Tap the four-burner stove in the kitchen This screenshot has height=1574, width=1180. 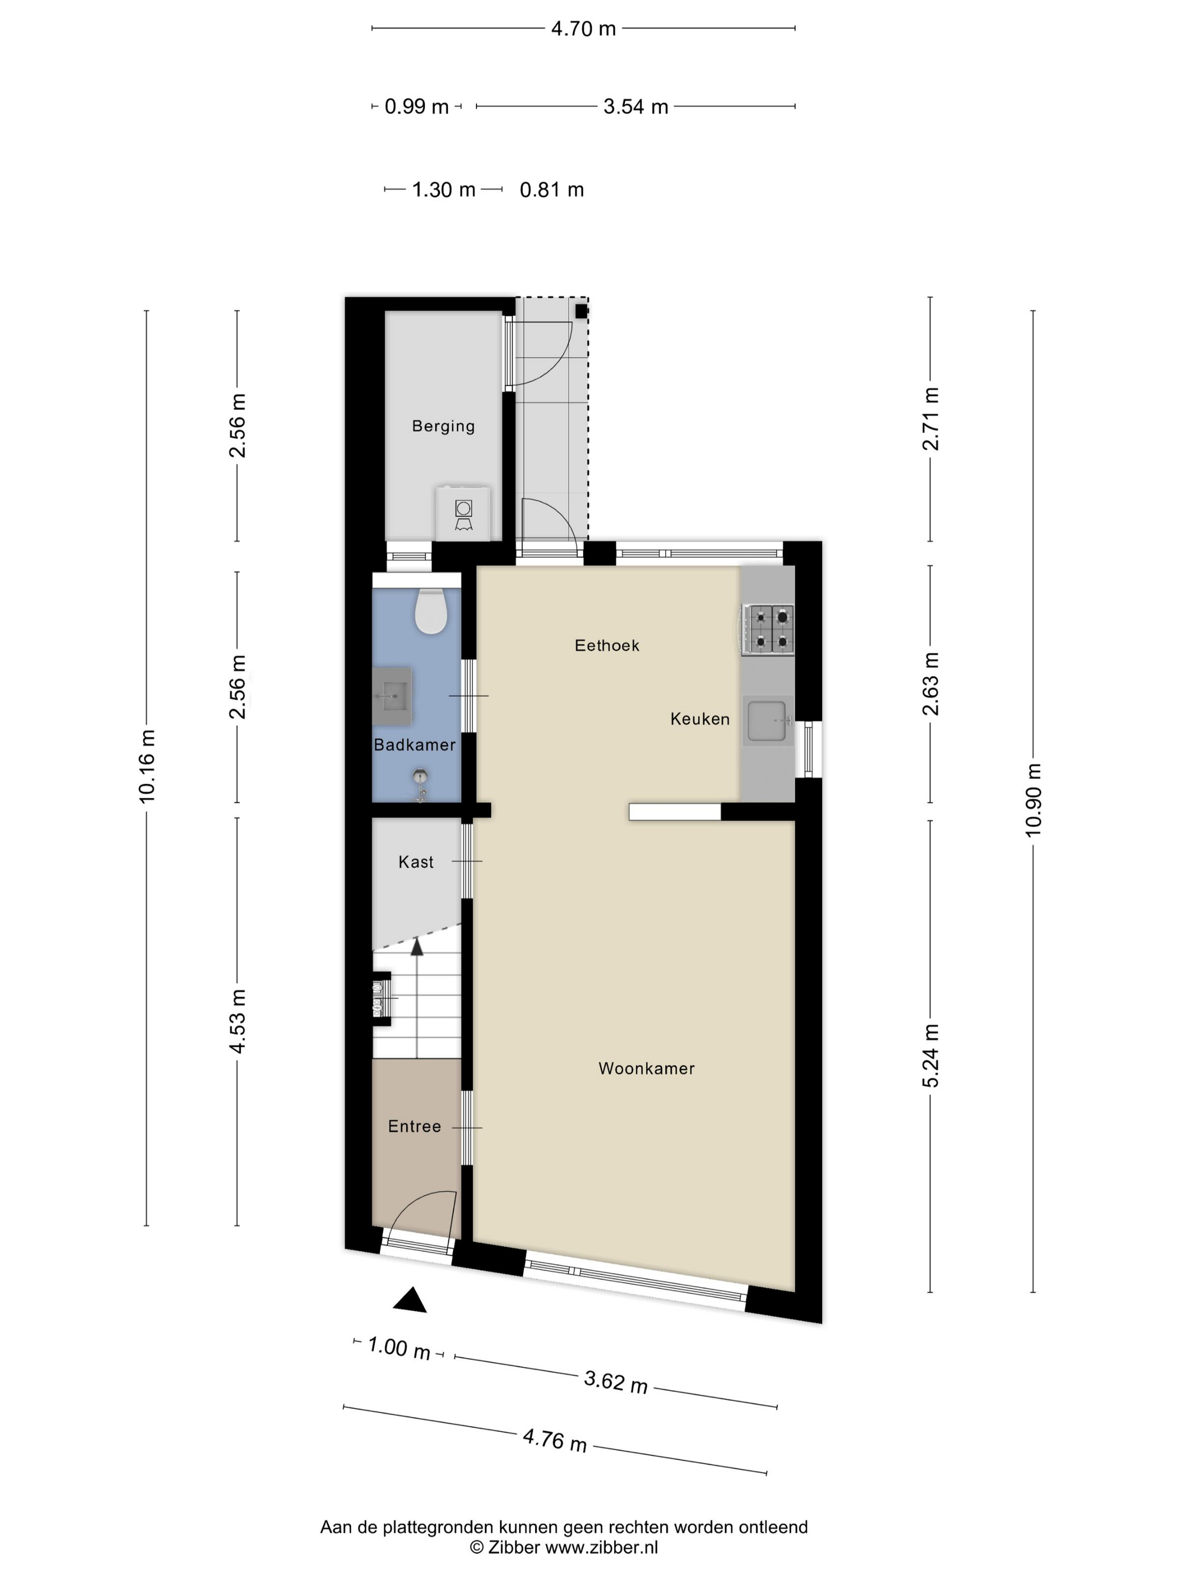pos(768,629)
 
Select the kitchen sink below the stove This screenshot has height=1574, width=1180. pos(768,720)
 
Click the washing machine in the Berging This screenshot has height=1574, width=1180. pos(463,512)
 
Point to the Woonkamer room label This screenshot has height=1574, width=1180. pos(646,1068)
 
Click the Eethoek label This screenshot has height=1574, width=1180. pos(607,645)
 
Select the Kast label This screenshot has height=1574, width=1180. pos(416,862)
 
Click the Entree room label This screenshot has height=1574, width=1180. pos(415,1127)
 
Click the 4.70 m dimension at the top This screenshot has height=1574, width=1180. pos(583,29)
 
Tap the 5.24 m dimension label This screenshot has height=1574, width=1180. pos(931,1056)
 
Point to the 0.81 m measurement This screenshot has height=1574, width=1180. pos(552,190)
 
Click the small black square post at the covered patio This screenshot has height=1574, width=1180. pos(581,311)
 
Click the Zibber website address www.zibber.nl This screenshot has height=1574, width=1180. pos(601,1547)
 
